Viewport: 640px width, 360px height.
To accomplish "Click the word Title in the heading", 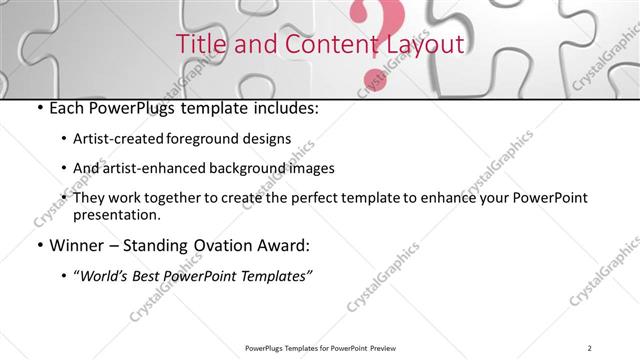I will [x=199, y=45].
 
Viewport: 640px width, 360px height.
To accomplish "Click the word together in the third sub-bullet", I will [x=184, y=198].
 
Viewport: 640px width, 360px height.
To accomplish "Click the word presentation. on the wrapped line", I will [x=116, y=215].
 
